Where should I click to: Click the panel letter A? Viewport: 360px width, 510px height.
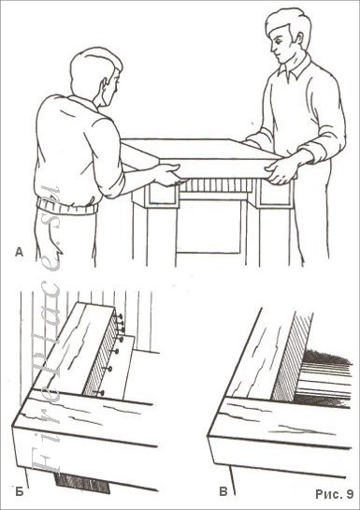[x=20, y=250]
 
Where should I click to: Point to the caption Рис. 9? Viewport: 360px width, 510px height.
[x=331, y=490]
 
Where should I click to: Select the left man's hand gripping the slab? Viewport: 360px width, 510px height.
[x=168, y=173]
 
